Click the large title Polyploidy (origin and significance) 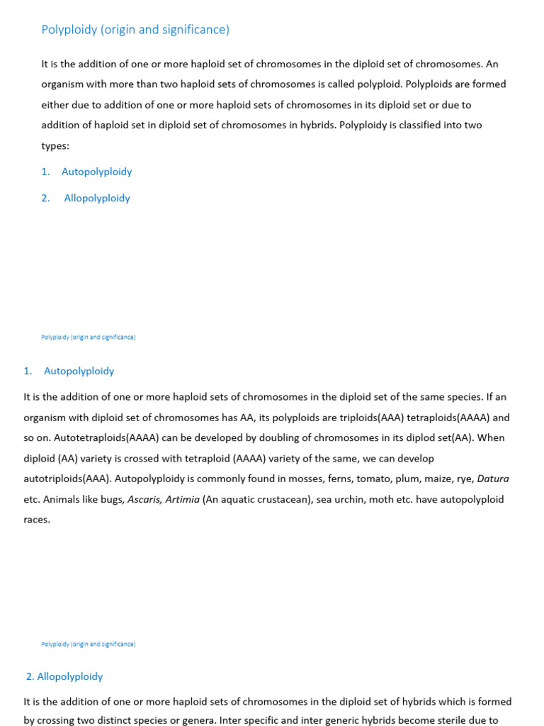(135, 30)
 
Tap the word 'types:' (56, 145)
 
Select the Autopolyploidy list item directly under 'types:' (96, 172)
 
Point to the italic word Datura (493, 479)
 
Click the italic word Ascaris (145, 499)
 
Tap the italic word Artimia (183, 499)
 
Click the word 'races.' (37, 520)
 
